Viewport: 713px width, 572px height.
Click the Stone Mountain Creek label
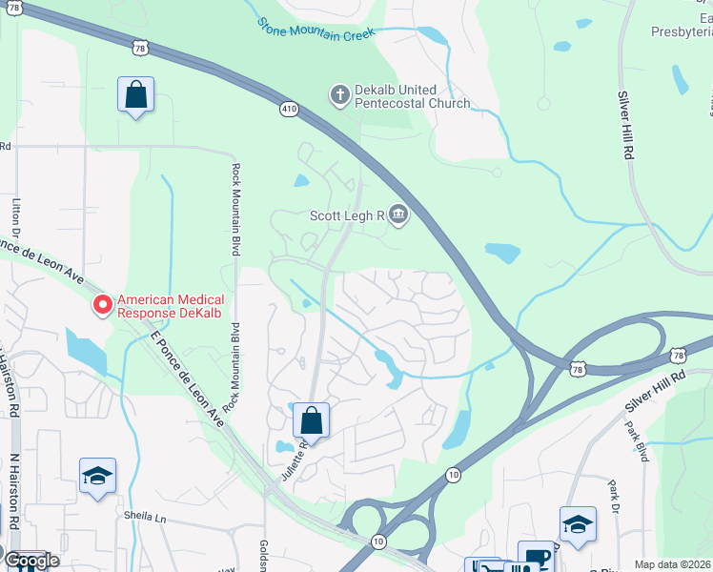[316, 27]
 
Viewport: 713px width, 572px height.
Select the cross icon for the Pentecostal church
[338, 95]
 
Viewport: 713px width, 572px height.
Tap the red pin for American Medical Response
[101, 304]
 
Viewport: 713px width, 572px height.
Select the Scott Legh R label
[346, 215]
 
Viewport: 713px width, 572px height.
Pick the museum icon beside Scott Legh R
[398, 215]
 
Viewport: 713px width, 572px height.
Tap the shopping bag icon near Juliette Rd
[311, 419]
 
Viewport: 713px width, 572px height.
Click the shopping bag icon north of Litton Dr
[135, 94]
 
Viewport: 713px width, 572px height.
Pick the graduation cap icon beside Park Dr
[578, 523]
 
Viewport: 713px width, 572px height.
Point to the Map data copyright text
[672, 564]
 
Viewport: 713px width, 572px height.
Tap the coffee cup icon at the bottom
[536, 557]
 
